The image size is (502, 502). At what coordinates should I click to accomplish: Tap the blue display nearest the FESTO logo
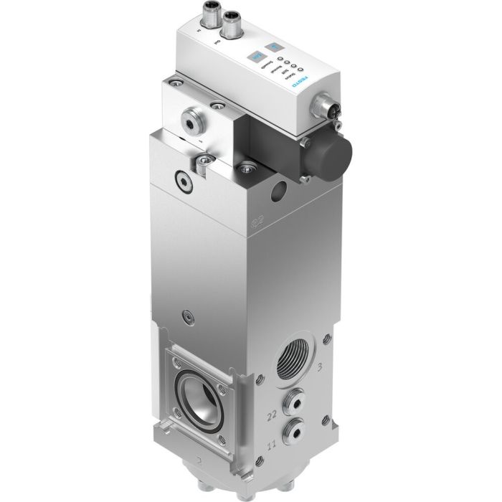[x=271, y=47]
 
